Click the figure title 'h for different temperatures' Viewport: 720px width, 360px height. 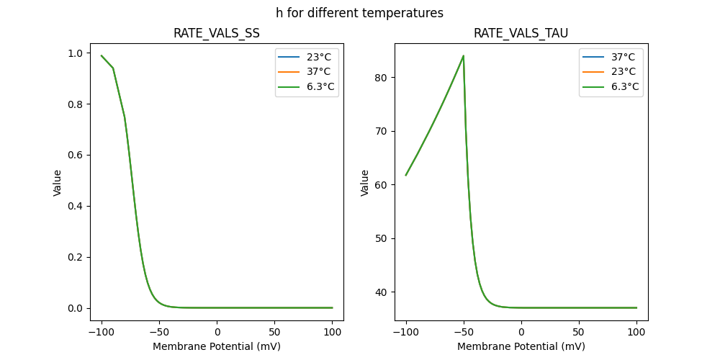point(359,13)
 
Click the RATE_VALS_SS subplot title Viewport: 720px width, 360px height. point(216,34)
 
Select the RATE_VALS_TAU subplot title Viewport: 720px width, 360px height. point(521,34)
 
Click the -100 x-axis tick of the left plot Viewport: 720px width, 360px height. point(102,332)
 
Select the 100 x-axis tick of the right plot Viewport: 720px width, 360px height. point(636,332)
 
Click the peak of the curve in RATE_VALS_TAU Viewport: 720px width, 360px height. point(463,55)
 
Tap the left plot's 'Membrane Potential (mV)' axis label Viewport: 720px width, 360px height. point(216,346)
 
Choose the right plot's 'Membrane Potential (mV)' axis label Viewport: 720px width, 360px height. point(521,346)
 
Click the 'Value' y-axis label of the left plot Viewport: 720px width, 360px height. point(58,183)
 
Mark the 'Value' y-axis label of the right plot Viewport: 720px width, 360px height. point(364,183)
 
